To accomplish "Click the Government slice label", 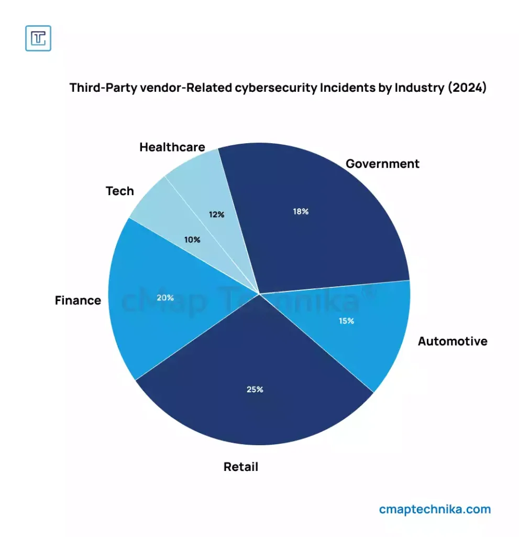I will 382,164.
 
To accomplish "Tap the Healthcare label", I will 172,147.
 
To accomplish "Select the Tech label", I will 120,191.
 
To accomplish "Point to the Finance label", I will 78,300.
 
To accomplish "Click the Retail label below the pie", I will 241,467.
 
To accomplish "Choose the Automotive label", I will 452,341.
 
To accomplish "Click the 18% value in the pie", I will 301,211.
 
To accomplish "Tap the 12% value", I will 216,214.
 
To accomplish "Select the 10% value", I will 192,240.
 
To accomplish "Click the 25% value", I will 255,390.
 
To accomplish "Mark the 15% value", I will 346,321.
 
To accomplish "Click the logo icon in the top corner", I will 38,38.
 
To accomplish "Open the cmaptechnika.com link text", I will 435,509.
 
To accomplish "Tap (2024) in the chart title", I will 467,88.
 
